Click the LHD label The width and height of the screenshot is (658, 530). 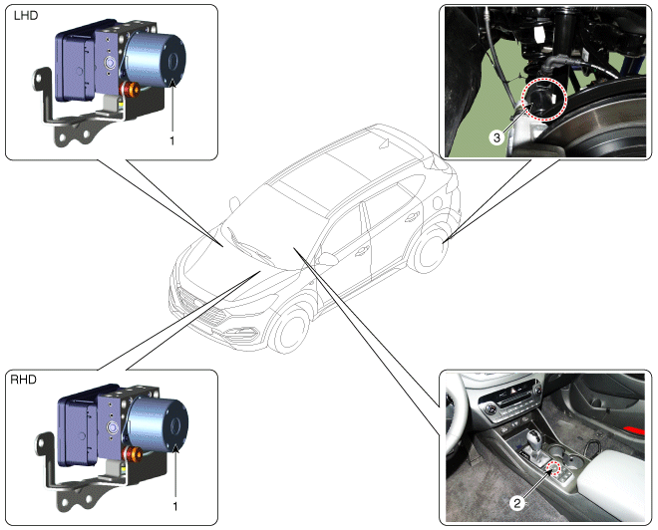(x=26, y=16)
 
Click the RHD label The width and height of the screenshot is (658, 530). (x=23, y=380)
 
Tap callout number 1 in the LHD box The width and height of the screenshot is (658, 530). (x=172, y=141)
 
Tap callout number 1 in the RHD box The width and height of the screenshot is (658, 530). (x=175, y=506)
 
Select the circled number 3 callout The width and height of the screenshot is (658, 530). (x=496, y=137)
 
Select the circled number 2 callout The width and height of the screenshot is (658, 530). (x=517, y=503)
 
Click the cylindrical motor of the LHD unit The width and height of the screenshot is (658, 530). (x=155, y=58)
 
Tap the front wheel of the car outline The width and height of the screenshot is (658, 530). (x=289, y=329)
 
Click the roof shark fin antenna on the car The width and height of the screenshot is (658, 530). (x=384, y=143)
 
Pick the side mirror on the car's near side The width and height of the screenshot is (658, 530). (x=326, y=259)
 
